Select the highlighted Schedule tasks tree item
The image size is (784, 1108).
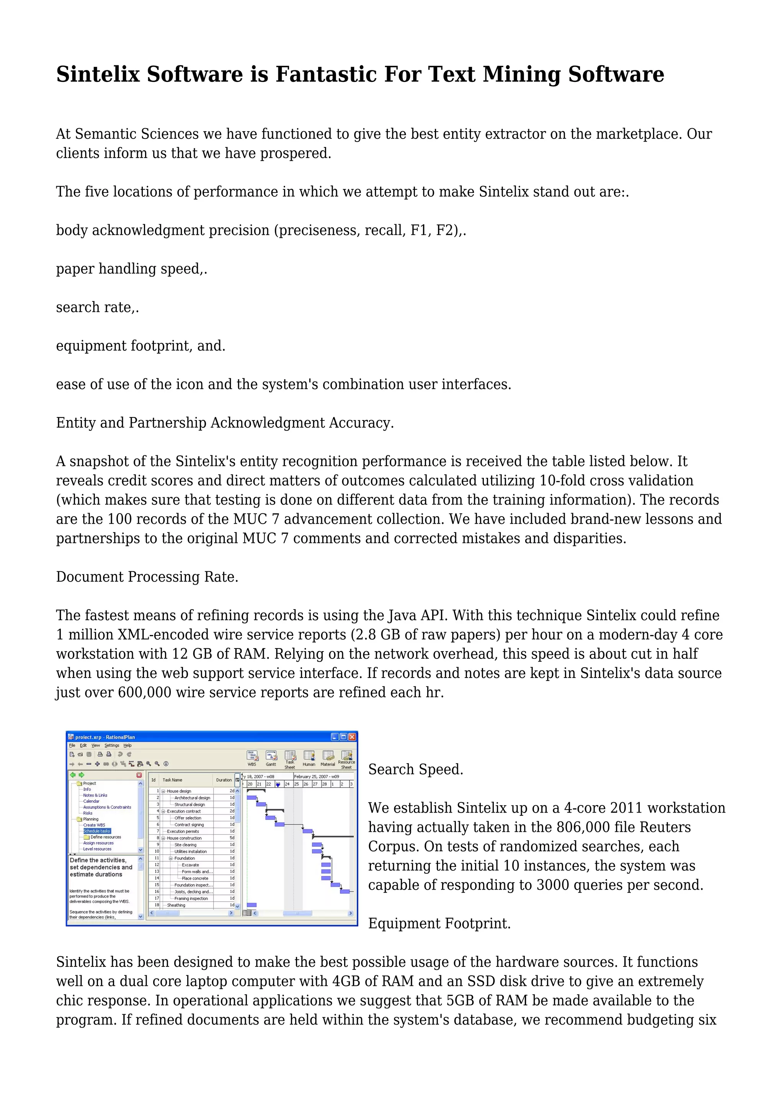point(96,831)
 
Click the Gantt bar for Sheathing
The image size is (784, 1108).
point(252,905)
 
